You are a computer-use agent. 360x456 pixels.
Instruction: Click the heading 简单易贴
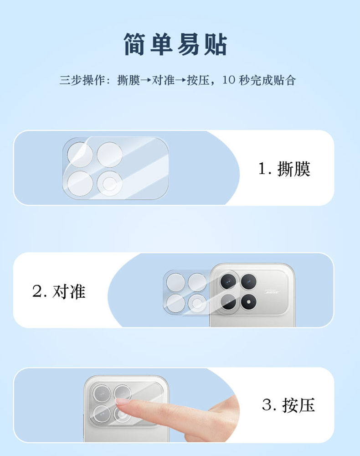click(175, 44)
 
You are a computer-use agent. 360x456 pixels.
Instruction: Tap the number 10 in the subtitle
click(229, 80)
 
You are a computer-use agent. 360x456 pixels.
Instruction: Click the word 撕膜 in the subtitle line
click(129, 80)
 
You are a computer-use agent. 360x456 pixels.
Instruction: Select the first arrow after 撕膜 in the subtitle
click(146, 80)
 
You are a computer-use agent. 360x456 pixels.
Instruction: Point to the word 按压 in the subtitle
click(198, 80)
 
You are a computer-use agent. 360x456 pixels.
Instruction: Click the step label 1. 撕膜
click(284, 169)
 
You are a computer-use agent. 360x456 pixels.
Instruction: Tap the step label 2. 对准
click(59, 291)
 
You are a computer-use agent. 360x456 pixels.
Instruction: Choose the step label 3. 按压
click(288, 405)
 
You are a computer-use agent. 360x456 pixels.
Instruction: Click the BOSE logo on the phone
click(272, 292)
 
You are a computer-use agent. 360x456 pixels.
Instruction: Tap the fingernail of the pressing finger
click(122, 402)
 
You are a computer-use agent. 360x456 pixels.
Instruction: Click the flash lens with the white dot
click(249, 302)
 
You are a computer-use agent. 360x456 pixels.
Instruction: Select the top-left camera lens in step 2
click(229, 281)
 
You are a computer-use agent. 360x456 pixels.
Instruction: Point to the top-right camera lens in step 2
click(249, 281)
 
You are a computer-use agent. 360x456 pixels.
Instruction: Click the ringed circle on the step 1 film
click(109, 184)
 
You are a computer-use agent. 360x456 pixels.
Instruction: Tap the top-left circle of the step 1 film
click(80, 155)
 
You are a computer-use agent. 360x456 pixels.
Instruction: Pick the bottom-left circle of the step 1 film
click(80, 184)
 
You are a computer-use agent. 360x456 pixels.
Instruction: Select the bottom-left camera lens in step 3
click(102, 414)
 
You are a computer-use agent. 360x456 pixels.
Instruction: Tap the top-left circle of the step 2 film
click(176, 282)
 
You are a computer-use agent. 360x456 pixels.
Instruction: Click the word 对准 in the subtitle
click(163, 80)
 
